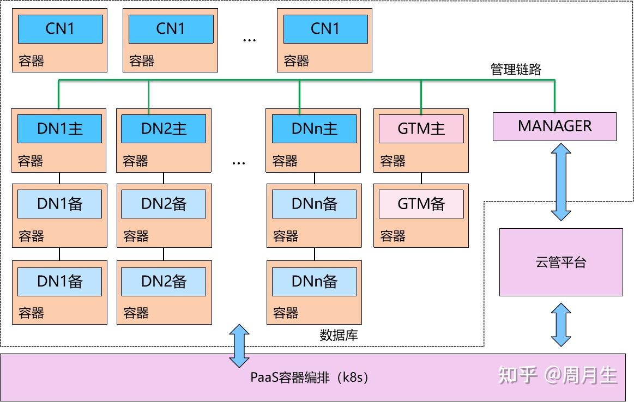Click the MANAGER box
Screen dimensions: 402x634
(554, 126)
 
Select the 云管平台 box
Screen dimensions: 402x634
(561, 262)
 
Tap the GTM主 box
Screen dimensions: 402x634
(421, 129)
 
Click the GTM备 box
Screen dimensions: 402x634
(421, 204)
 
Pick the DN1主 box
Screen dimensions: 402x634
(59, 129)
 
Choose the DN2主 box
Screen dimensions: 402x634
(164, 129)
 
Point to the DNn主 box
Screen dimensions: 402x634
(314, 129)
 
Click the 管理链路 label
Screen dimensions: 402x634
(516, 69)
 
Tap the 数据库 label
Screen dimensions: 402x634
(339, 335)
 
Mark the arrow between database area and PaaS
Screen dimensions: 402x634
(239, 345)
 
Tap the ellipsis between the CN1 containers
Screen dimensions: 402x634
(249, 40)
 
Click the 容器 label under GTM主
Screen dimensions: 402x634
(393, 161)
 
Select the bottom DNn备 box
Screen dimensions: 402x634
(314, 281)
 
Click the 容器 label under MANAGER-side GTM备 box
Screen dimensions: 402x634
(393, 236)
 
